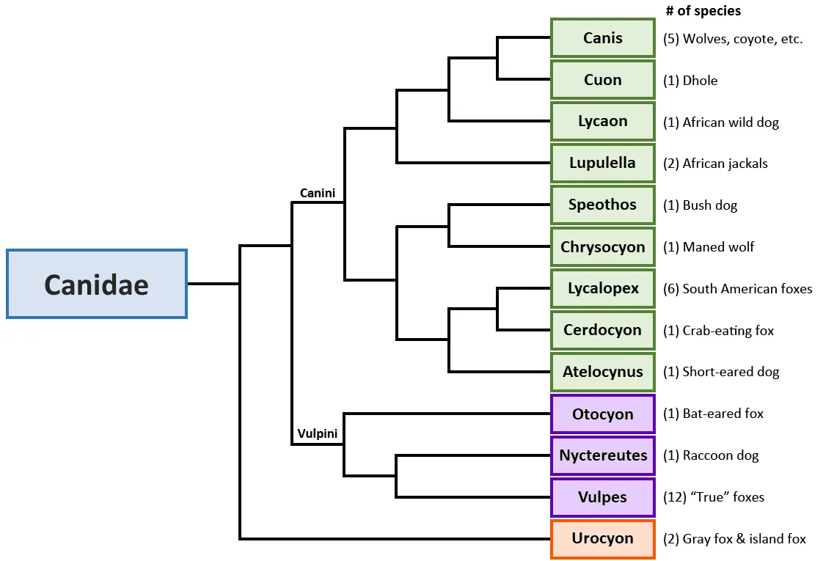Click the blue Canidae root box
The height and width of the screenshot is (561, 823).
[x=97, y=284]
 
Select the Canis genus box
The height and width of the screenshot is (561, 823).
[x=602, y=38]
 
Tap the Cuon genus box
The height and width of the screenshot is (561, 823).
[x=602, y=80]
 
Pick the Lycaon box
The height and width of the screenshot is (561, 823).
[x=602, y=121]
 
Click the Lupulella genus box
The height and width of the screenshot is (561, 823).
[x=602, y=163]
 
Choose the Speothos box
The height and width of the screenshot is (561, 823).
[x=602, y=205]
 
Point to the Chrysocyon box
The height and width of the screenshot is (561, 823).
[x=602, y=246]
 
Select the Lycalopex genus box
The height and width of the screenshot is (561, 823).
[x=602, y=288]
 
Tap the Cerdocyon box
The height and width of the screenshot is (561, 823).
[x=602, y=330]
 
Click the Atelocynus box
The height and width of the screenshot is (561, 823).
[x=602, y=372]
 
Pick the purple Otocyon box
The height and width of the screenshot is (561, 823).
[x=602, y=414]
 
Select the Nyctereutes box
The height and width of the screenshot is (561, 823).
[x=602, y=455]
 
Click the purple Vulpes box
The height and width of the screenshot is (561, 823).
[x=602, y=497]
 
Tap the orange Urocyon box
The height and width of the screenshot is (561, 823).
[x=602, y=538]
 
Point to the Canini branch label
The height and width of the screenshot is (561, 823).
[x=318, y=194]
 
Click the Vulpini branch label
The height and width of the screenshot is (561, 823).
[x=318, y=434]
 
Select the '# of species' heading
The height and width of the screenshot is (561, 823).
[x=703, y=11]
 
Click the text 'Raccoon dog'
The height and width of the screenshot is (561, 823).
[x=720, y=455]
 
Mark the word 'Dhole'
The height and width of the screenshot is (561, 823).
[x=700, y=81]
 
